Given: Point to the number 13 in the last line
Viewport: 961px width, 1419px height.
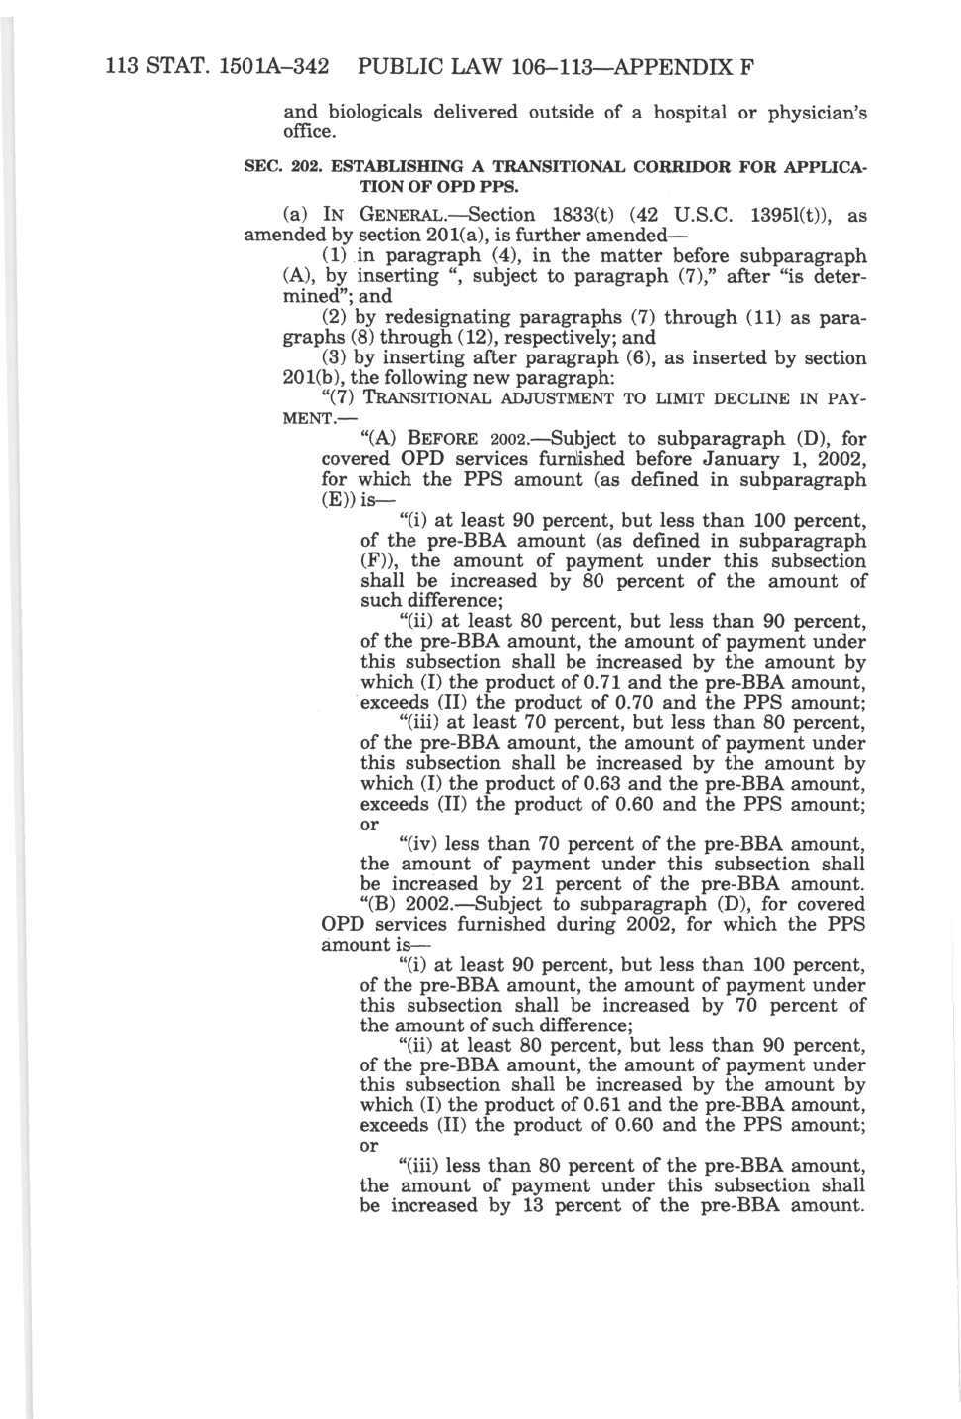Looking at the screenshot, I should pos(537,1206).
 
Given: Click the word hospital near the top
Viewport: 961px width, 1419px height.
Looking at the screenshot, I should pos(690,112).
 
